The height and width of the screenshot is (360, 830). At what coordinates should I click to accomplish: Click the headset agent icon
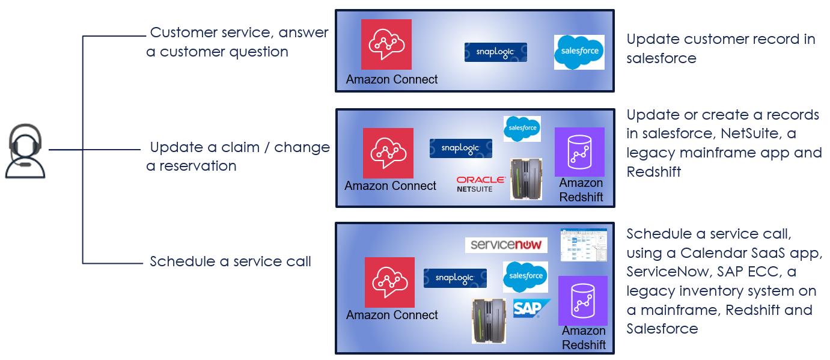click(x=25, y=151)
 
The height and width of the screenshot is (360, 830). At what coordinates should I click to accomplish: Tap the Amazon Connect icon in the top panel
click(x=386, y=44)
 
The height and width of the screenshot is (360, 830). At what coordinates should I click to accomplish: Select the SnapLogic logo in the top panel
click(x=495, y=52)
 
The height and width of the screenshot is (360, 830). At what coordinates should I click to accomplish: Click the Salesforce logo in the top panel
click(x=579, y=52)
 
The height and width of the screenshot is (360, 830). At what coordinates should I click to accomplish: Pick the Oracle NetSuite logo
click(x=480, y=183)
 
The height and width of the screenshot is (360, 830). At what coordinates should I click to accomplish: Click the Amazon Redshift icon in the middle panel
click(x=579, y=151)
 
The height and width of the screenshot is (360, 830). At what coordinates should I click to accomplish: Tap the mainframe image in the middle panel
click(x=526, y=178)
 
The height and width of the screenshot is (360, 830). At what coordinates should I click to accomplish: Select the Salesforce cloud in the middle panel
click(x=522, y=129)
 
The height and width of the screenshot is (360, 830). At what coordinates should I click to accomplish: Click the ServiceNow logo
click(x=506, y=245)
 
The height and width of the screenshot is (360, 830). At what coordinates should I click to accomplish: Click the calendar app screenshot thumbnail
click(x=583, y=245)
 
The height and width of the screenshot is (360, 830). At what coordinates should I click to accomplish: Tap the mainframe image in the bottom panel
click(x=488, y=320)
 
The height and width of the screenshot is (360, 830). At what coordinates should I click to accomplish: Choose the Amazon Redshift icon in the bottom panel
click(x=582, y=301)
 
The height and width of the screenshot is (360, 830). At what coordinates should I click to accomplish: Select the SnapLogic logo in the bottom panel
click(x=455, y=278)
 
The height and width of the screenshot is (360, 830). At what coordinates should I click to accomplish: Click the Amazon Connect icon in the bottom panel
click(x=389, y=282)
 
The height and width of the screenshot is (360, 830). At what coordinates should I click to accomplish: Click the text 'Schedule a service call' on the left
click(x=230, y=261)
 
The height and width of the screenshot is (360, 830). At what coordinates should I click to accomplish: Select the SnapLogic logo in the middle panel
click(x=460, y=148)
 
